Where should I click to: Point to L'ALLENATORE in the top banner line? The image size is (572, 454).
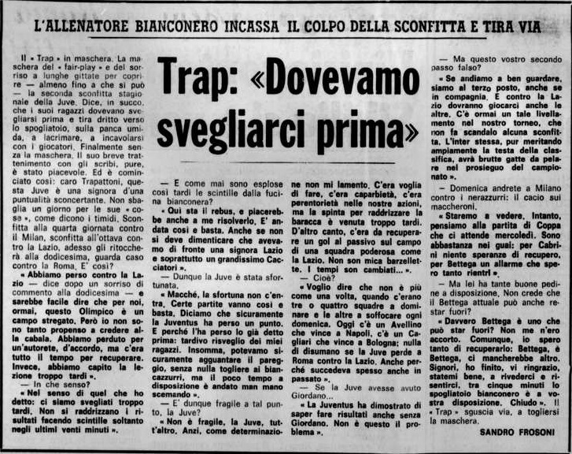82,26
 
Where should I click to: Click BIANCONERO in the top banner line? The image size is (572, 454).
184,26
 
